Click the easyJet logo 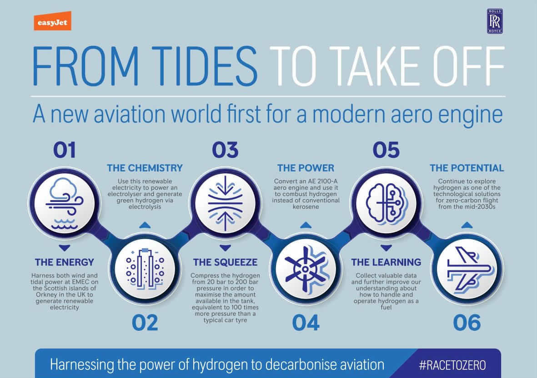(x=52, y=21)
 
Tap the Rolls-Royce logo (x=495, y=21)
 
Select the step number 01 (x=65, y=150)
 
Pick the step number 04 (x=306, y=323)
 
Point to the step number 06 (x=467, y=323)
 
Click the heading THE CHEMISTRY (x=145, y=168)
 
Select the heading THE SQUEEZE (x=225, y=262)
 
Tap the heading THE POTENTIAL (x=467, y=168)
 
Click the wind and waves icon (x=65, y=203)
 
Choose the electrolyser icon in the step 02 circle (x=145, y=269)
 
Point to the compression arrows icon (x=225, y=203)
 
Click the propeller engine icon (x=306, y=269)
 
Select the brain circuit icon (x=386, y=204)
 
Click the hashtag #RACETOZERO (x=452, y=365)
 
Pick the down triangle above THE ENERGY (x=65, y=247)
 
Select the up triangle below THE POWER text (x=306, y=225)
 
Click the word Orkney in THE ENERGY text (x=46, y=295)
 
